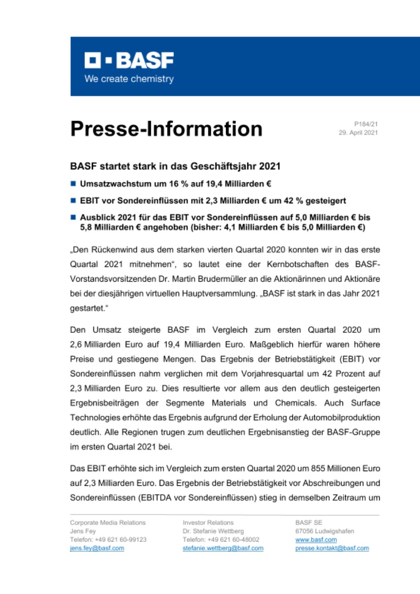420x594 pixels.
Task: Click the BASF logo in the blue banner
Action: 129,61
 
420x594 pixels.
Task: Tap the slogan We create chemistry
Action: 129,79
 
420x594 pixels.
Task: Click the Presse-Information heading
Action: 166,129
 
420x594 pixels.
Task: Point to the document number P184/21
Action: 366,124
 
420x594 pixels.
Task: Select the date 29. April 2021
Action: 360,132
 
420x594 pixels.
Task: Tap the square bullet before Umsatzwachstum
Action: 73,183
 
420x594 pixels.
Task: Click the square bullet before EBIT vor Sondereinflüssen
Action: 73,200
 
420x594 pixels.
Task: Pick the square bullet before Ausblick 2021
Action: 73,217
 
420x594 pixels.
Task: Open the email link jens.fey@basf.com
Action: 97,548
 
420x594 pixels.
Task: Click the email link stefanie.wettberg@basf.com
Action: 223,548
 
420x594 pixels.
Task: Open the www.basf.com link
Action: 316,540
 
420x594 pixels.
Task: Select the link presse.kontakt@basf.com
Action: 332,548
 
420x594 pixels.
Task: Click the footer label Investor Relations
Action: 208,523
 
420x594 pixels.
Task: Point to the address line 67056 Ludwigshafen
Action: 324,531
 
